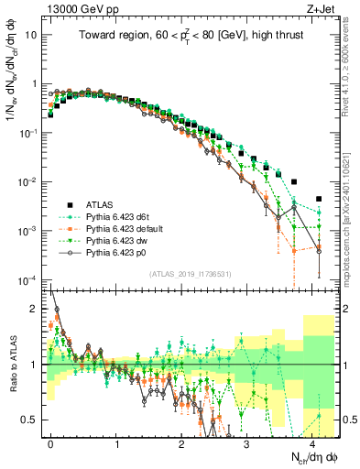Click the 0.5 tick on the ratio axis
coord(31,420)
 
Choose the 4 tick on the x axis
coord(312,442)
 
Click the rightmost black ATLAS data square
coord(319,199)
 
